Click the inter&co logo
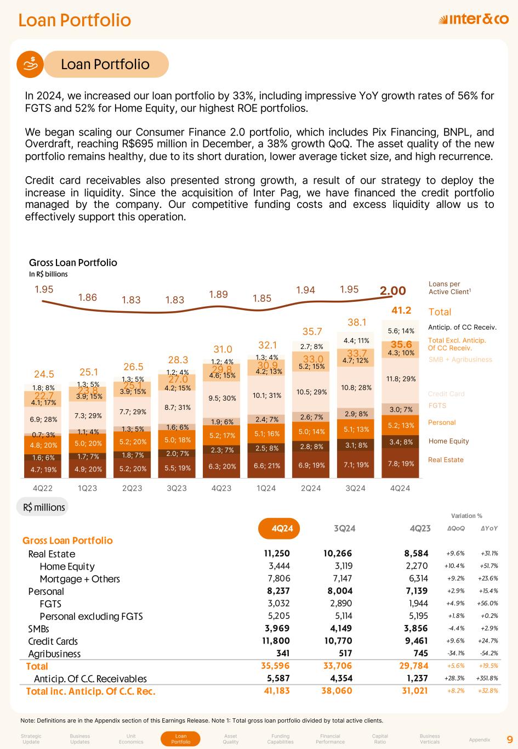(x=474, y=20)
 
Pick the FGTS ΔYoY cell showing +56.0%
(x=489, y=603)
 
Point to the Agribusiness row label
(x=54, y=654)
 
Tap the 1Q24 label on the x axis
(x=266, y=488)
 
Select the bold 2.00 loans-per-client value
(x=393, y=291)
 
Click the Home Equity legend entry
(x=448, y=441)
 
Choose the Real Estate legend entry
(x=446, y=460)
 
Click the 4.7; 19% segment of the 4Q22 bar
(x=43, y=469)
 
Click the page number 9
(x=509, y=739)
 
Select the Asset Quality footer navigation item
(x=231, y=739)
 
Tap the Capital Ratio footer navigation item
(x=380, y=739)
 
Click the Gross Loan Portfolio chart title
(x=73, y=262)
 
